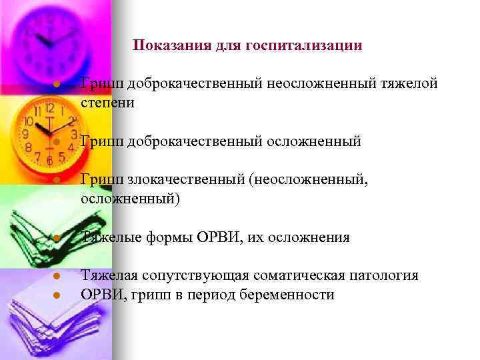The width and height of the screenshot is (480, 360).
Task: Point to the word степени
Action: (107, 103)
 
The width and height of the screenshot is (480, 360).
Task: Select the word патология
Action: (389, 276)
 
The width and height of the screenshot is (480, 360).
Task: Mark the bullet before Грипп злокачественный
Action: (57, 181)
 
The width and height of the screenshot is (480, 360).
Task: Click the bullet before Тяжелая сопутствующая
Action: (57, 277)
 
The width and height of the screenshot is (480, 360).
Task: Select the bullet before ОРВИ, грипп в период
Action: (57, 295)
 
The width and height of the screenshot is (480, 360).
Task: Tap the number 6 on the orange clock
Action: (48, 160)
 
